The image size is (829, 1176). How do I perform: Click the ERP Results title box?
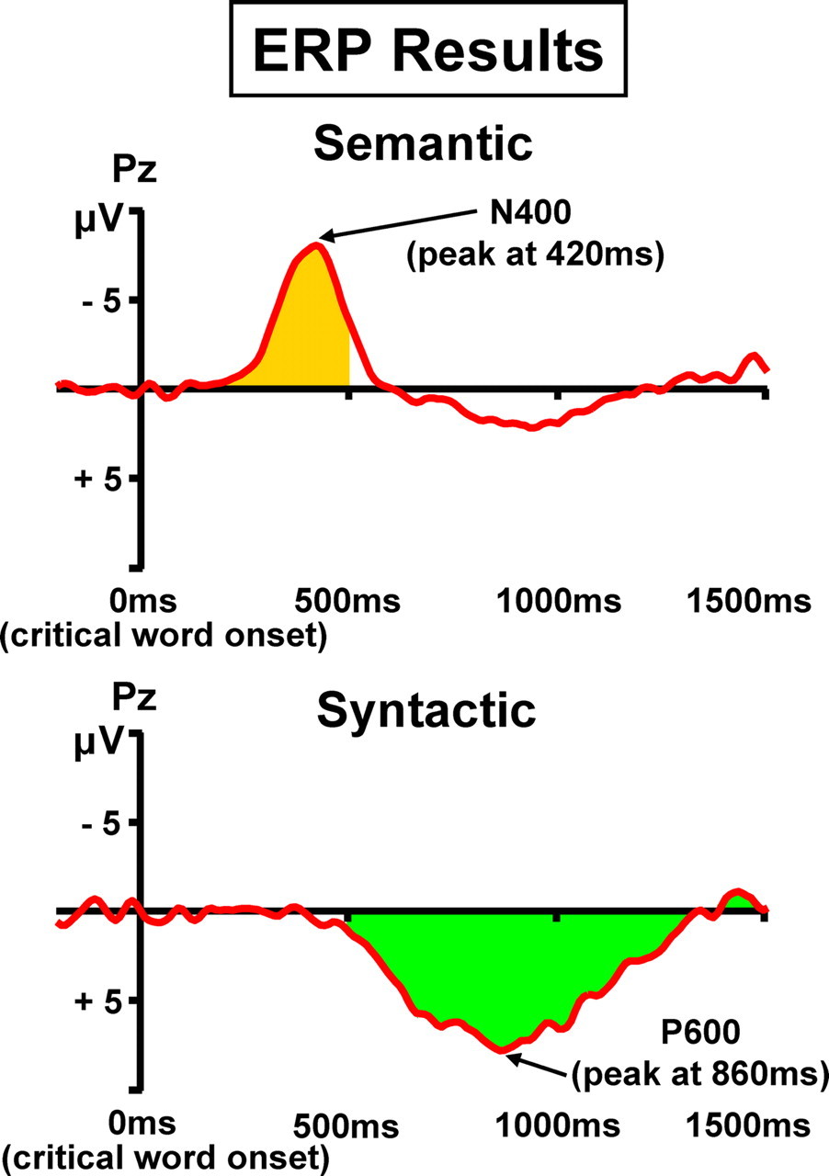[x=428, y=49]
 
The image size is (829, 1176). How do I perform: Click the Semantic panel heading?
[x=424, y=144]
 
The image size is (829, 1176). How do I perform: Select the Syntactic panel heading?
[x=426, y=712]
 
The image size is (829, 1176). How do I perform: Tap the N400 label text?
[x=530, y=212]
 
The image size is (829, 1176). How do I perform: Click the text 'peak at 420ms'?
[x=536, y=254]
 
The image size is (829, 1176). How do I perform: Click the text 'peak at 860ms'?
[x=699, y=1074]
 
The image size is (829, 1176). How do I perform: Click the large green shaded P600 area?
[x=499, y=971]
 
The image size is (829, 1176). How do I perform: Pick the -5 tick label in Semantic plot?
[x=102, y=302]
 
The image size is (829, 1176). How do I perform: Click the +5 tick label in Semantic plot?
[x=98, y=480]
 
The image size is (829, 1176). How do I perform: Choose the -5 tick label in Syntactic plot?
[x=102, y=825]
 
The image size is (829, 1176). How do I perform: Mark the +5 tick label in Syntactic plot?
[x=98, y=1001]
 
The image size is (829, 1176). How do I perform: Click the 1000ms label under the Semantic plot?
[x=559, y=601]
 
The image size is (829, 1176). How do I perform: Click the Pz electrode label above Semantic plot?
[x=134, y=172]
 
